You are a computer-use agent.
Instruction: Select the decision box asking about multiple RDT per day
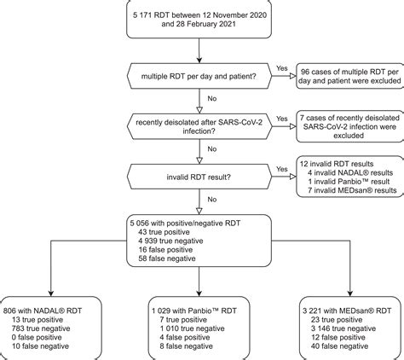199,78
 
